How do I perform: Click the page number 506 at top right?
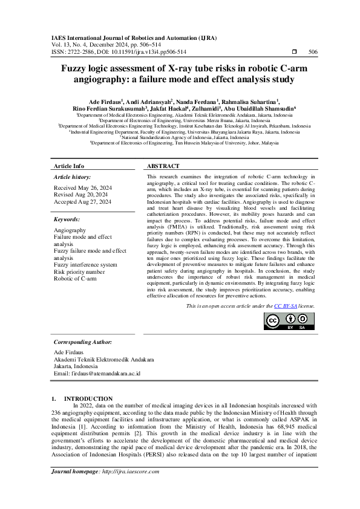point(313,52)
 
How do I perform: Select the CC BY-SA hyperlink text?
point(285,306)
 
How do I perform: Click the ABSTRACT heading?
point(163,166)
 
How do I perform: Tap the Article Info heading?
point(69,166)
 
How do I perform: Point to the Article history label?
point(72,177)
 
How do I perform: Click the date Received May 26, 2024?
point(82,188)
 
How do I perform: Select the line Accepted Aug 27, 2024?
point(83,201)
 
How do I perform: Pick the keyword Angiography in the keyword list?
point(70,231)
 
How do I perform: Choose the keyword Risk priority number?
point(79,272)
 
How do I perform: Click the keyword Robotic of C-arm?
point(75,279)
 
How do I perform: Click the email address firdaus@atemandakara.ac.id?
point(97,374)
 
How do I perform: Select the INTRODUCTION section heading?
point(88,399)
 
